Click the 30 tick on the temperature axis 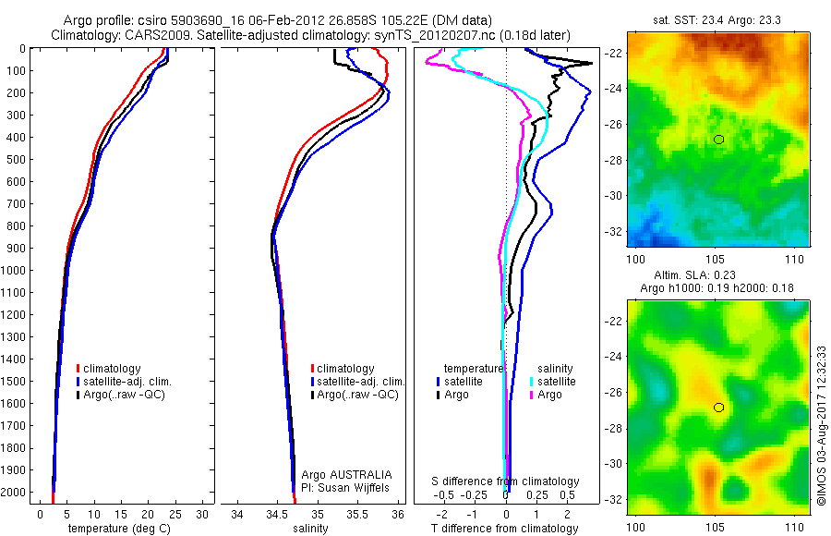click(x=202, y=514)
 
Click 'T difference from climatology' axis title click(x=504, y=529)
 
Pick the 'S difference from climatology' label click(x=506, y=481)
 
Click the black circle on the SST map click(x=719, y=139)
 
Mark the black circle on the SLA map click(x=719, y=408)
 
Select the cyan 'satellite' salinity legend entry click(x=556, y=381)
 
